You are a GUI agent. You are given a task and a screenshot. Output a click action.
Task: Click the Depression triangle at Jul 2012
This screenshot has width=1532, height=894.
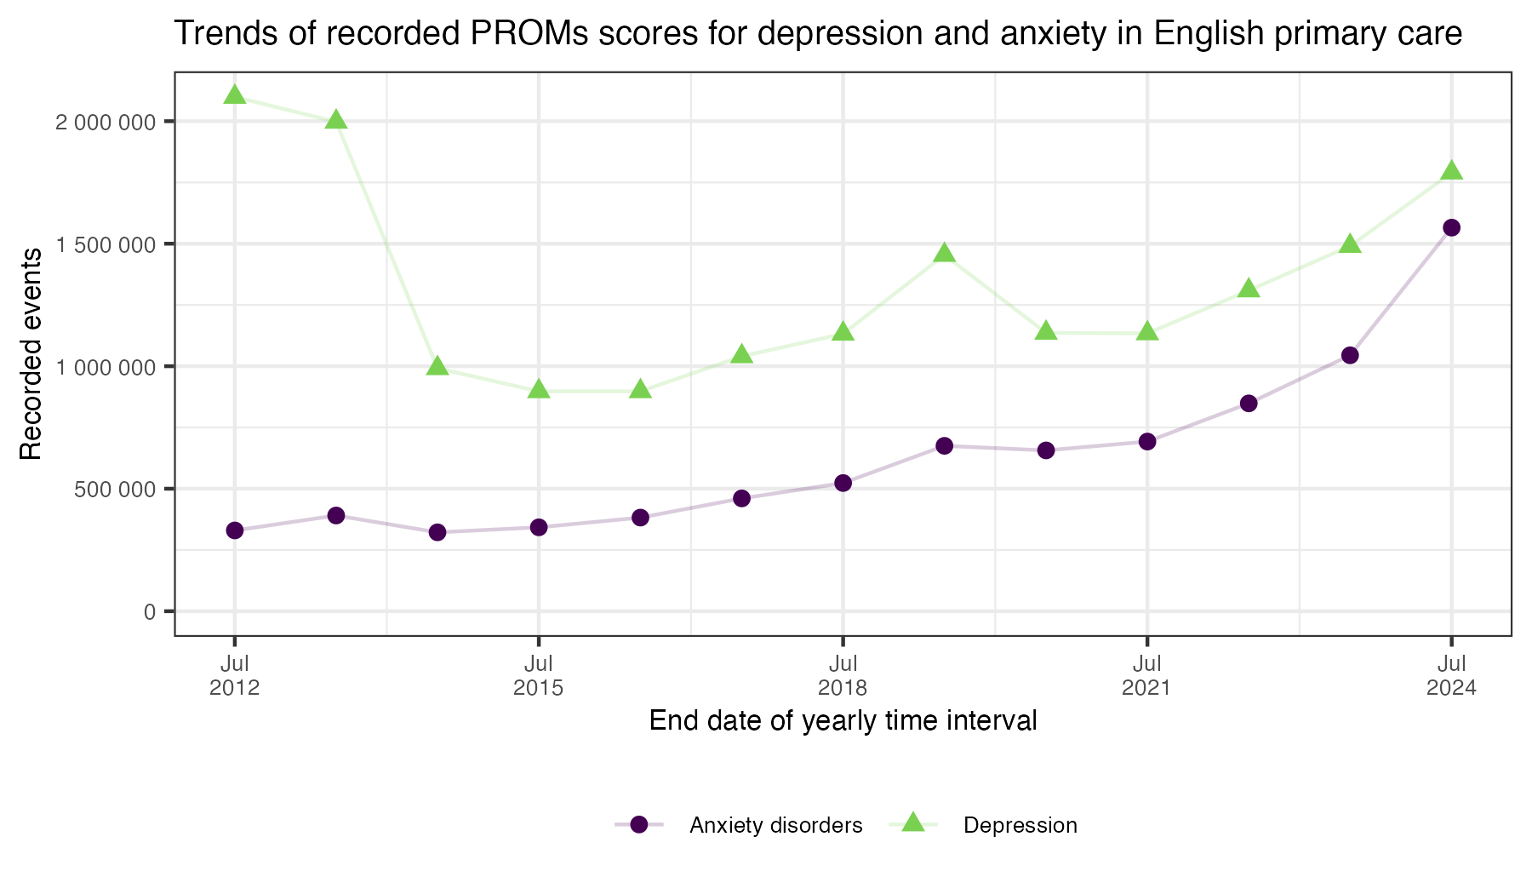tap(235, 95)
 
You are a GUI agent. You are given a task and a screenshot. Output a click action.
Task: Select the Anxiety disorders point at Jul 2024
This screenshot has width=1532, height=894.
tap(1451, 227)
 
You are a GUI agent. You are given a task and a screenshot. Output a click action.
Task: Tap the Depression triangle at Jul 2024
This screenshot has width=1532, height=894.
tap(1451, 171)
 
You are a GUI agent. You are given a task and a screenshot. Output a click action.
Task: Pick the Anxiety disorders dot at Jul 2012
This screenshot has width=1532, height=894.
tap(235, 530)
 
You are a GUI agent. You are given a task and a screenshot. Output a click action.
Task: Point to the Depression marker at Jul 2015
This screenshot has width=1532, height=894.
tap(539, 390)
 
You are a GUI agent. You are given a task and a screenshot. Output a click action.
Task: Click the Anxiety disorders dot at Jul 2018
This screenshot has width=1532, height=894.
tap(843, 483)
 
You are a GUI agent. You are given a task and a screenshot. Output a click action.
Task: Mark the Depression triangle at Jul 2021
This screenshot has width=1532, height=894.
tap(1147, 331)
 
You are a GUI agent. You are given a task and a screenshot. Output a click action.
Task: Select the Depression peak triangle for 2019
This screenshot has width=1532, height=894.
tap(944, 254)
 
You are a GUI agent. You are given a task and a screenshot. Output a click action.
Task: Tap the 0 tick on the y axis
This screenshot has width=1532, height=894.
tap(150, 611)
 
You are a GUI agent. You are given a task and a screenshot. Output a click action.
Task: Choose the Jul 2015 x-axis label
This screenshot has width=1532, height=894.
tap(539, 675)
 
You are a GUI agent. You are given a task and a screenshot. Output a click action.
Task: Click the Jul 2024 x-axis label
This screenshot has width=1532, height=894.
tap(1451, 675)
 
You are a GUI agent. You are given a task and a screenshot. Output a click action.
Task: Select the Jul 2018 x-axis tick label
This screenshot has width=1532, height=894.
tap(843, 675)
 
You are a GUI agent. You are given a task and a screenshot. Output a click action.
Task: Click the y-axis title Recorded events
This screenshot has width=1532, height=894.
tap(31, 353)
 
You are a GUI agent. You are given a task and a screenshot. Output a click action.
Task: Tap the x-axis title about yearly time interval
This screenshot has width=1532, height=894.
tap(843, 721)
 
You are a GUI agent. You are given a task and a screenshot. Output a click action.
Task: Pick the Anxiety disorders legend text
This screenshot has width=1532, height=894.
tap(776, 825)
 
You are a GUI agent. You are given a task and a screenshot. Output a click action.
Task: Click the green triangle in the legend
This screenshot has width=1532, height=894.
tap(913, 822)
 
